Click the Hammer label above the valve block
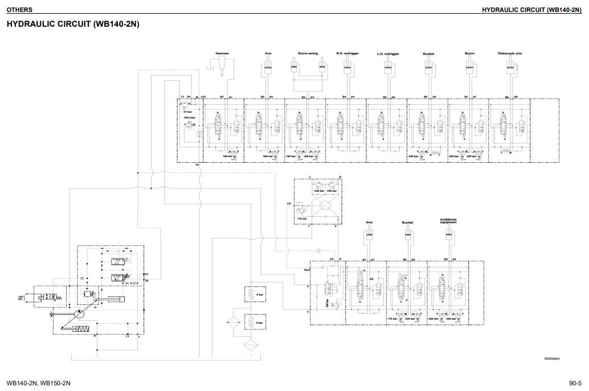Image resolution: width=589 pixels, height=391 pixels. (222, 53)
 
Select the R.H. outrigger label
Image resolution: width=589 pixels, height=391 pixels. (347, 53)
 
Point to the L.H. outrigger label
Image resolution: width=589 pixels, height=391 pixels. (388, 54)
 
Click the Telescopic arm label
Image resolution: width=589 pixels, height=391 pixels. (510, 53)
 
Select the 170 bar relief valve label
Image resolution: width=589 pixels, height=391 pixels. (391, 319)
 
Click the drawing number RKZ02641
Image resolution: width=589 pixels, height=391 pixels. (552, 359)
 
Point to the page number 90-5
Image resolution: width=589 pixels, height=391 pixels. (574, 382)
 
